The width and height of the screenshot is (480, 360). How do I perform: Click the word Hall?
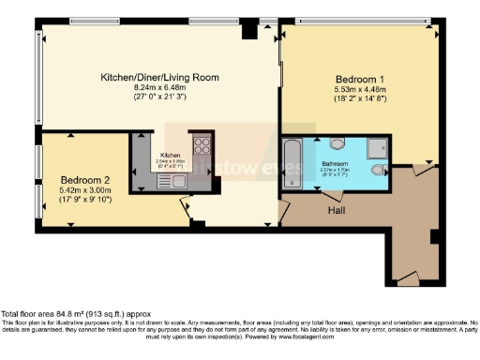pyautogui.click(x=339, y=210)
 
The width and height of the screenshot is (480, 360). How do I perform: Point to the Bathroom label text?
pyautogui.click(x=341, y=162)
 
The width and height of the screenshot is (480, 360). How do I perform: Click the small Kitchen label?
pyautogui.click(x=170, y=155)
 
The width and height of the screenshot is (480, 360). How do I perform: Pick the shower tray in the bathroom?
pyautogui.click(x=377, y=145)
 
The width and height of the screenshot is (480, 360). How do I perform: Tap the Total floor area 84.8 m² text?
pyautogui.click(x=74, y=313)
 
